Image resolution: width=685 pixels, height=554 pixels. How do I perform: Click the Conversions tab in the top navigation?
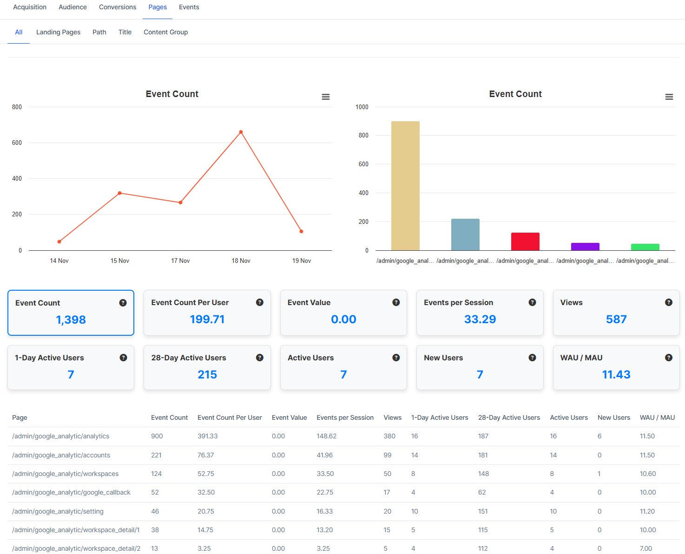coord(118,7)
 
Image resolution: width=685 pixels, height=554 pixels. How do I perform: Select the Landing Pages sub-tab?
coord(58,32)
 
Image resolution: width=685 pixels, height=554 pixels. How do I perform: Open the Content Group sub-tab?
coord(165,32)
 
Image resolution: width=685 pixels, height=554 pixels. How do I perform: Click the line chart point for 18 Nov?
coord(241,132)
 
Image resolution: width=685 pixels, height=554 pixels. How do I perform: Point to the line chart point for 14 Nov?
coord(59,241)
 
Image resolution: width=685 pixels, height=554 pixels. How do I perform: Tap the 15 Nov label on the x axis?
coord(120,261)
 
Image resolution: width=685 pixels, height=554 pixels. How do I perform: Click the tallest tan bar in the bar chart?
coord(405,186)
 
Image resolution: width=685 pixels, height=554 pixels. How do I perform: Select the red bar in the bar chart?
coord(525,241)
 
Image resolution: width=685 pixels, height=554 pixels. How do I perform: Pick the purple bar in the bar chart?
coord(585,247)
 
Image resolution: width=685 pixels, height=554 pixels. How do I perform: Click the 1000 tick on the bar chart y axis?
coord(362,107)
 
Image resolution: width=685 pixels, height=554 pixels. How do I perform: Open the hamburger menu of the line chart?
coord(326,97)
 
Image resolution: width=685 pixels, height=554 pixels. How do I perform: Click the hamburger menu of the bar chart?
coord(669,97)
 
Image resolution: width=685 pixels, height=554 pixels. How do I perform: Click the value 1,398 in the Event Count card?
coord(71,319)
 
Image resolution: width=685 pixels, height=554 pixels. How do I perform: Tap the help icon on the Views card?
coord(669,302)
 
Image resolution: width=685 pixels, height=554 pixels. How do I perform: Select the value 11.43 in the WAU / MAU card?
coord(616,374)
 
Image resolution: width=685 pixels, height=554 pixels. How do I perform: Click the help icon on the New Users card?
coord(533,358)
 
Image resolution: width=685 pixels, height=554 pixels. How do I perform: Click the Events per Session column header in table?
coord(345,417)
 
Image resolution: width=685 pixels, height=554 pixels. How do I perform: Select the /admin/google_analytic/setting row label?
coord(58,511)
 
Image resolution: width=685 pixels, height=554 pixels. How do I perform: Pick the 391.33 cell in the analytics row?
coord(208,436)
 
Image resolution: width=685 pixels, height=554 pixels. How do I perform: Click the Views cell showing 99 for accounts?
coord(388,455)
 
